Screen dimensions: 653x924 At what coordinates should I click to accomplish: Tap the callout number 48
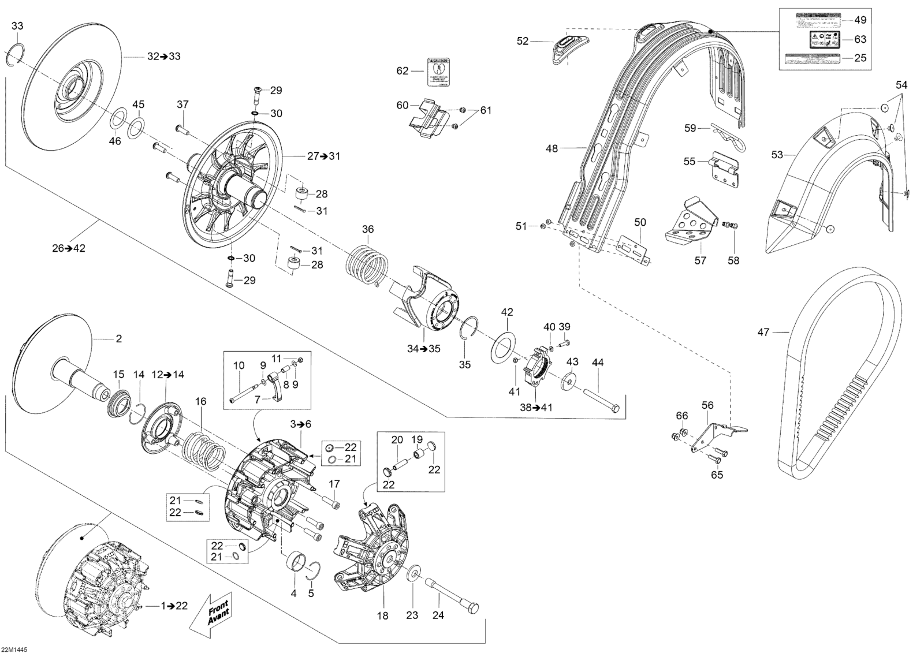552,148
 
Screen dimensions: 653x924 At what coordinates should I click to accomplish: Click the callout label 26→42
68,248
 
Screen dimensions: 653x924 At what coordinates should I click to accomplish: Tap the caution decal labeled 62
439,72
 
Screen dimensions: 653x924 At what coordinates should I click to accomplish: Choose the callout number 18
382,615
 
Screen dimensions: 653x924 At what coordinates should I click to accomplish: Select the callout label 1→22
174,606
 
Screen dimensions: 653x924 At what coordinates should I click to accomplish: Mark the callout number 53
777,155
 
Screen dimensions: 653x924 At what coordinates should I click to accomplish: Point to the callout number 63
860,39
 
